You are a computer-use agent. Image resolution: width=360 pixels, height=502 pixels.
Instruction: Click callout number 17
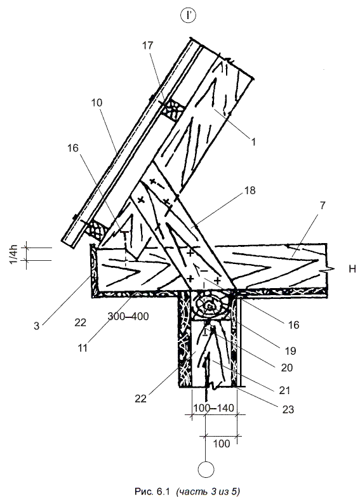pos(148,46)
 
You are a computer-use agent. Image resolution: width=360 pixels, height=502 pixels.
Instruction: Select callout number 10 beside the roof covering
pos(97,103)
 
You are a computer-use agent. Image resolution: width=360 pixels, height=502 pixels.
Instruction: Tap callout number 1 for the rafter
pos(253,142)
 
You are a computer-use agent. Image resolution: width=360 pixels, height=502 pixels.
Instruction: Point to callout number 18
pos(250,190)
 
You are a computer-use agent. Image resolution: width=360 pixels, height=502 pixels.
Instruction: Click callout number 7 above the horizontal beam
pos(322,206)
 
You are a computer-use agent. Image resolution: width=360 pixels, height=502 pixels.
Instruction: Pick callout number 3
pos(37,326)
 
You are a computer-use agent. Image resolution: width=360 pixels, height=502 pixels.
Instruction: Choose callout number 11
pos(83,348)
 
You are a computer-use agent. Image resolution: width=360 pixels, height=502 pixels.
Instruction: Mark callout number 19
pos(290,351)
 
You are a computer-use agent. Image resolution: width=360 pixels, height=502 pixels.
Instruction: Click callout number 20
pos(286,367)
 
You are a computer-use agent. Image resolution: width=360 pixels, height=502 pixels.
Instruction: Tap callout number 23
pos(288,409)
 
